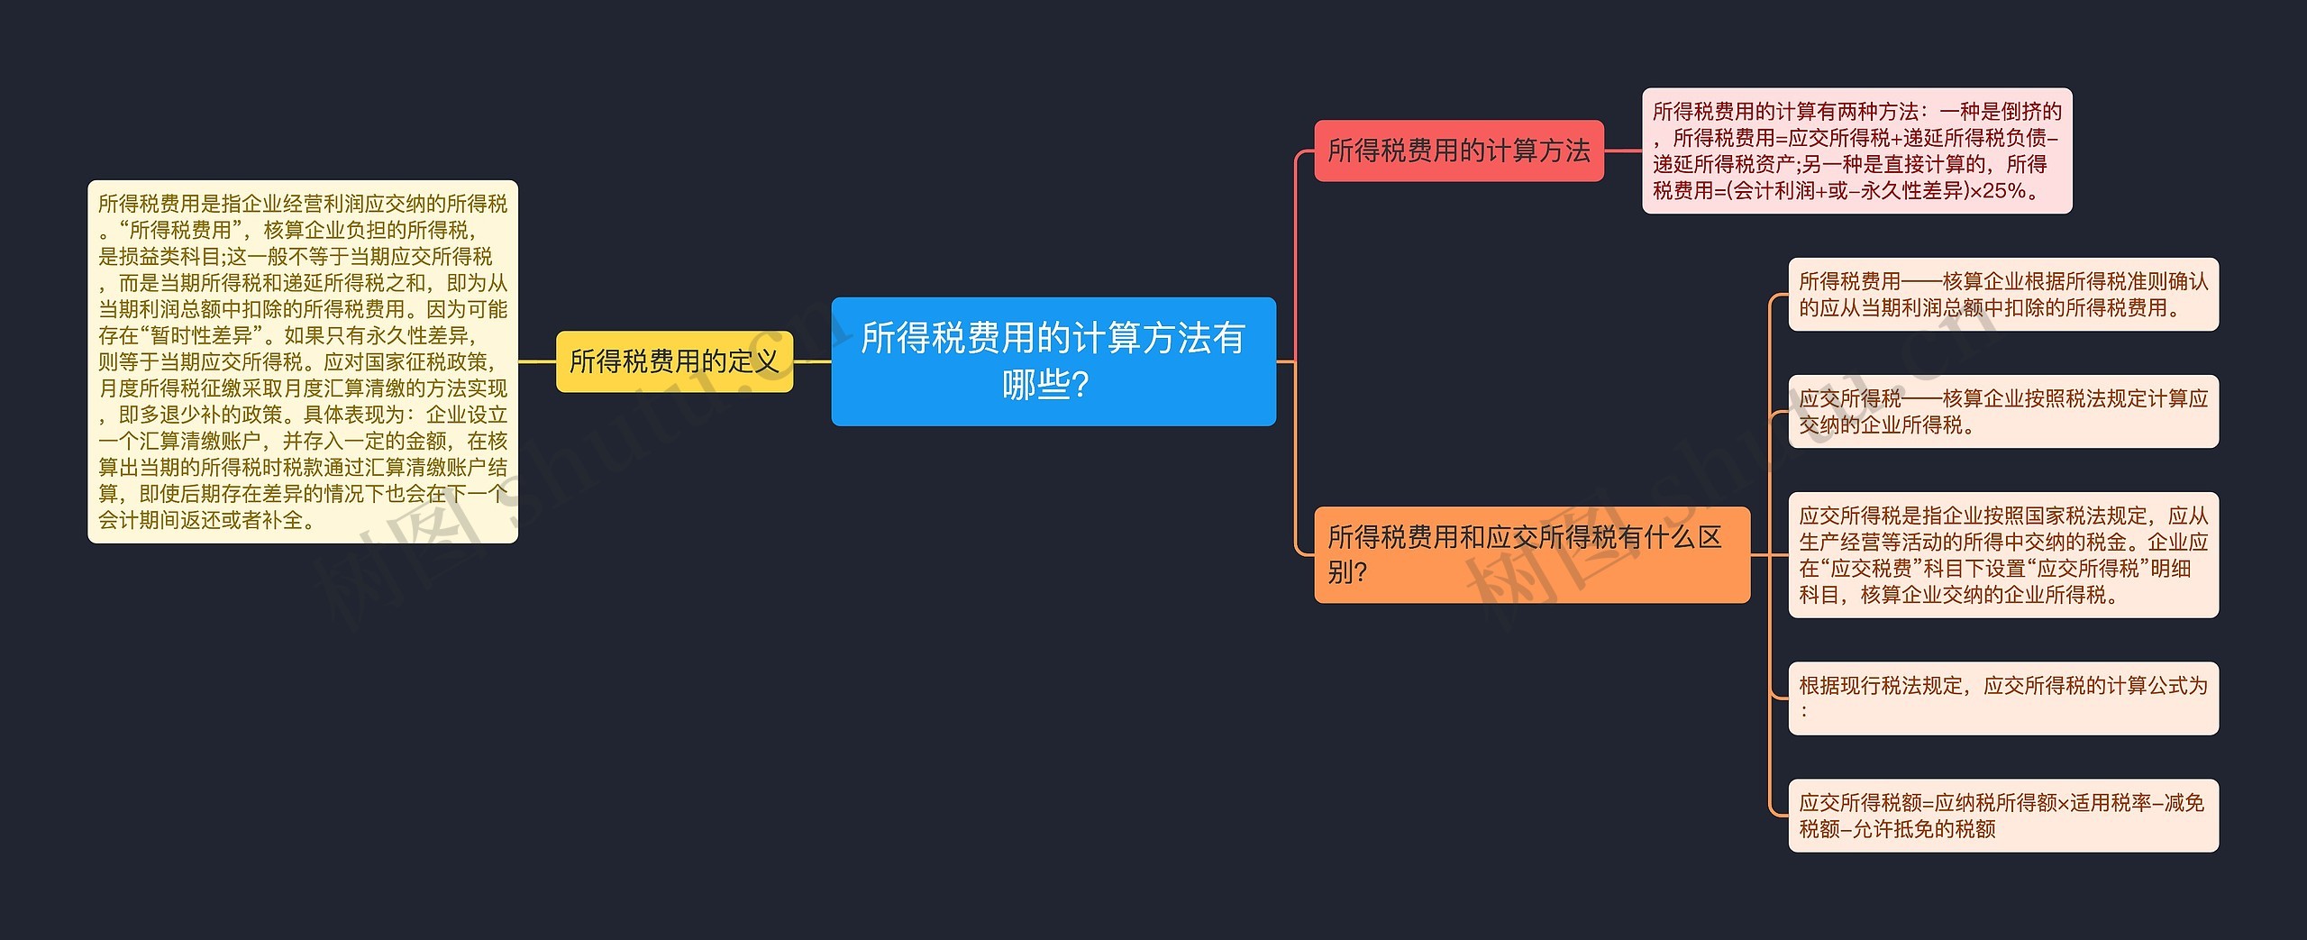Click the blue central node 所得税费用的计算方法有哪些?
click(x=1053, y=360)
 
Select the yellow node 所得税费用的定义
click(x=674, y=361)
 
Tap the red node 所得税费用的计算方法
click(x=1458, y=151)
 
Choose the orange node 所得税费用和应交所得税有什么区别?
click(x=1531, y=554)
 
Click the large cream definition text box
click(x=302, y=361)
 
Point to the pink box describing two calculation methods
click(x=1856, y=151)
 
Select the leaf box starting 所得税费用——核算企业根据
click(x=2002, y=295)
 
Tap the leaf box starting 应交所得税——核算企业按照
click(x=2002, y=412)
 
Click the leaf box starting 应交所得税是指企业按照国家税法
click(x=2002, y=555)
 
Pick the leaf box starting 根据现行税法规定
click(x=2002, y=698)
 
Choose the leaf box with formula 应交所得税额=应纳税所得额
click(x=2002, y=816)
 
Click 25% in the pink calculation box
click(x=2004, y=191)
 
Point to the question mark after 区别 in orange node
click(x=1360, y=572)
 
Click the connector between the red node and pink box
click(x=1622, y=151)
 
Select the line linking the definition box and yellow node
click(x=537, y=361)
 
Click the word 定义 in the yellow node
click(x=753, y=361)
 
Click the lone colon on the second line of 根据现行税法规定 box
click(x=1804, y=712)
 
